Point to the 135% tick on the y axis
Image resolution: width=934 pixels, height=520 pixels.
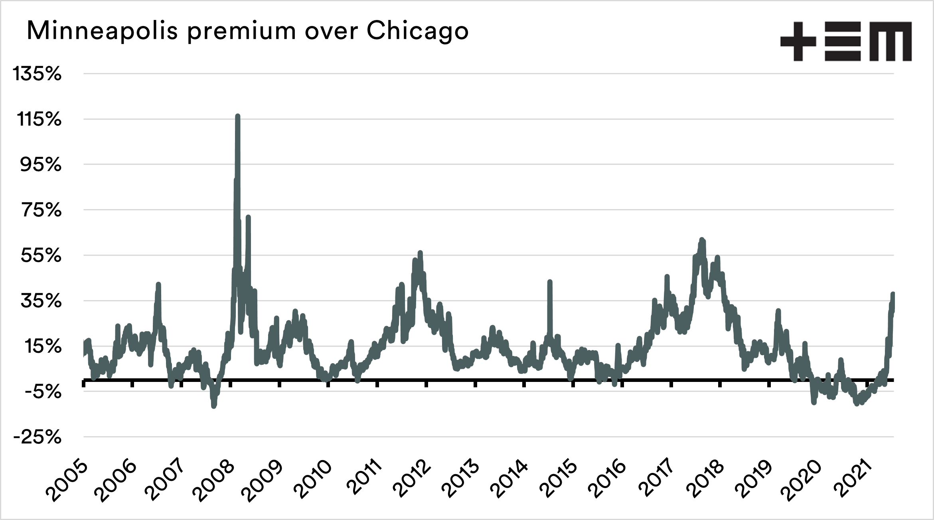37,74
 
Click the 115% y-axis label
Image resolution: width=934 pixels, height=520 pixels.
39,120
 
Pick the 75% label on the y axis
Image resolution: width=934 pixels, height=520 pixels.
41,211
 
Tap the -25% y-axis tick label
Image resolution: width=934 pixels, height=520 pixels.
37,438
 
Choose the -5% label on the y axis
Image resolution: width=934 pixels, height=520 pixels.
43,392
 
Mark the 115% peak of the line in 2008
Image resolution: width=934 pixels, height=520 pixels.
238,116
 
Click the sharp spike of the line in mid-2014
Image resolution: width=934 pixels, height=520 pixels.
550,282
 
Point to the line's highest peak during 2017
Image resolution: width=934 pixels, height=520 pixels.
702,240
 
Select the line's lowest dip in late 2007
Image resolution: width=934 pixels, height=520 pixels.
214,406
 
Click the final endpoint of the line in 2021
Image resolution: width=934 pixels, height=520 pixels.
893,294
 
